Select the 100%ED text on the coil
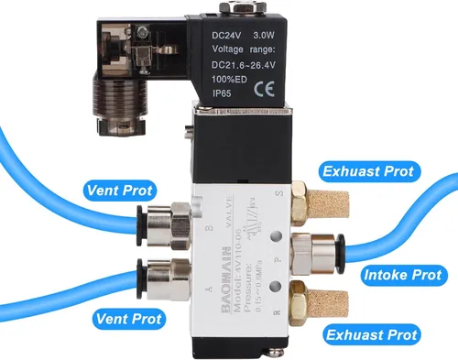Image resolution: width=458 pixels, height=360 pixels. click(231, 78)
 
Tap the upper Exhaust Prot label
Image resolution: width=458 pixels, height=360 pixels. click(367, 170)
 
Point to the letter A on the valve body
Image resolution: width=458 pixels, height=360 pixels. click(208, 291)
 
